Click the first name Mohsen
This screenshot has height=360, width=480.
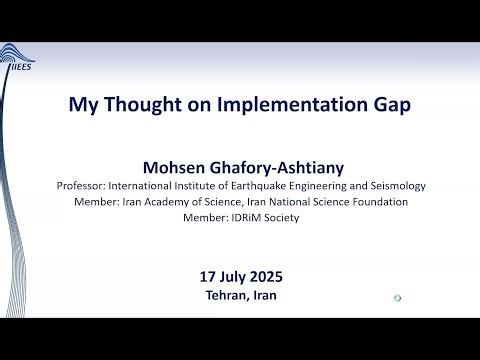(183, 167)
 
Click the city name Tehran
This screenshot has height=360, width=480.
(223, 295)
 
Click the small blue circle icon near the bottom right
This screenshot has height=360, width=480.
(397, 298)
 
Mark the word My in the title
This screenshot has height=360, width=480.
(81, 103)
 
